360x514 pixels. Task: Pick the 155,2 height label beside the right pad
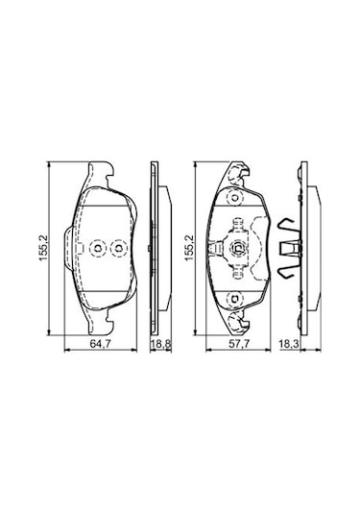(x=189, y=251)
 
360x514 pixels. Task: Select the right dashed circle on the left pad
(x=118, y=249)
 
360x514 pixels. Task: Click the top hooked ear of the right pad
(x=238, y=173)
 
